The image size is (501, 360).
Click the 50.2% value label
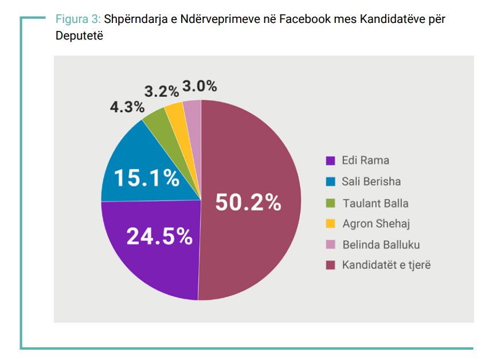pyautogui.click(x=248, y=202)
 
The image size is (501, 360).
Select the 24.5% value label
pyautogui.click(x=159, y=236)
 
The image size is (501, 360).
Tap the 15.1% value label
pyautogui.click(x=146, y=178)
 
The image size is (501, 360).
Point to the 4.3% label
pyautogui.click(x=127, y=107)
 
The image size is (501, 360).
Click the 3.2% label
pyautogui.click(x=161, y=92)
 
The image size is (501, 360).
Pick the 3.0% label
pyautogui.click(x=199, y=87)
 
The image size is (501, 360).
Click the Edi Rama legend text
pyautogui.click(x=365, y=161)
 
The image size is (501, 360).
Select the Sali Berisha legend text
pyautogui.click(x=371, y=182)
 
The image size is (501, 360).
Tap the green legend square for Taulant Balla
pyautogui.click(x=330, y=203)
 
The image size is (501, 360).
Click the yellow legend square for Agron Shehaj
pyautogui.click(x=330, y=224)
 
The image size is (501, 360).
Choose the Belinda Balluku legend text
pyautogui.click(x=381, y=245)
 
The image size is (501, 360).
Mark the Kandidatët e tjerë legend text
pyautogui.click(x=386, y=265)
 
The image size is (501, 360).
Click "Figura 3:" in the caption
pyautogui.click(x=78, y=19)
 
